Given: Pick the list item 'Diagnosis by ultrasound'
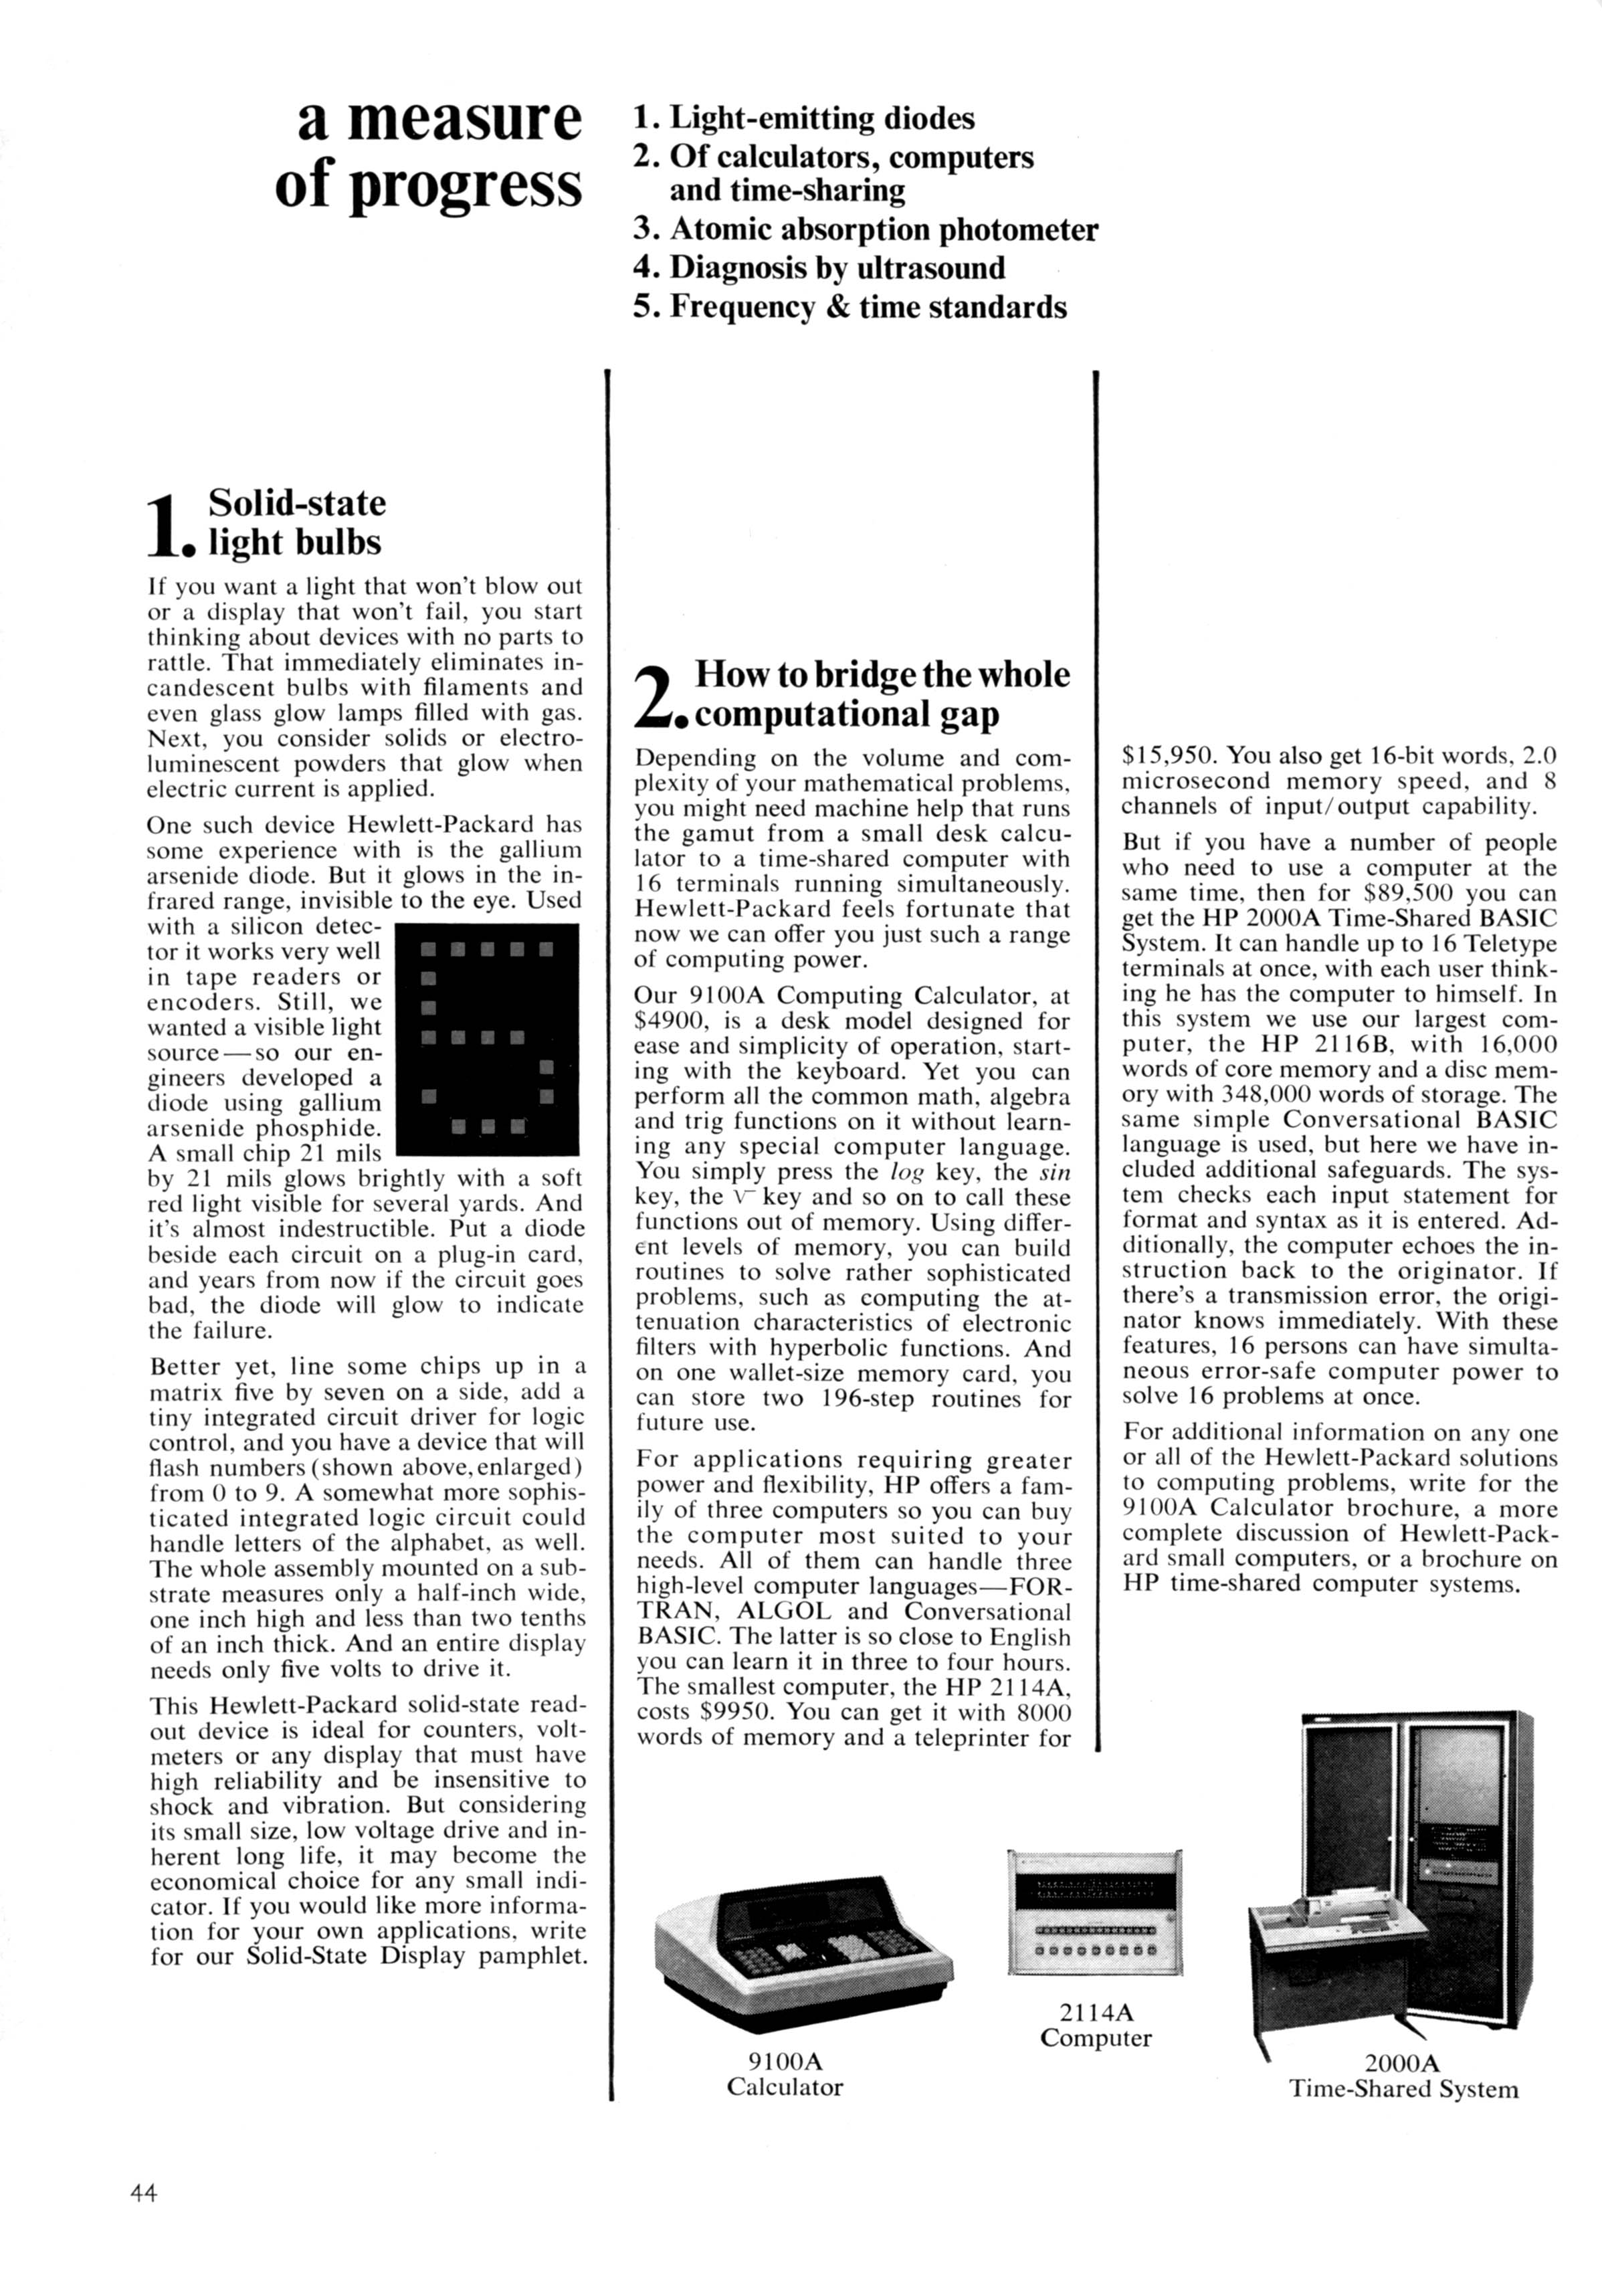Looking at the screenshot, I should click(x=819, y=268).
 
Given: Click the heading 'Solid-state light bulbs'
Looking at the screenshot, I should click(x=296, y=522).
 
